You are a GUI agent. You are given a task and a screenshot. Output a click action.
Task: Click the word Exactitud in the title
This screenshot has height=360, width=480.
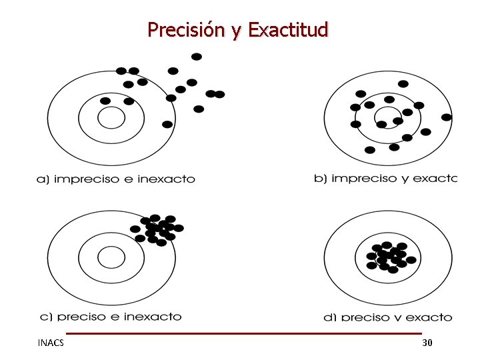point(288,30)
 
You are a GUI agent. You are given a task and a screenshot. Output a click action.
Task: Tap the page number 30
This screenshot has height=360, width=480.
point(427,343)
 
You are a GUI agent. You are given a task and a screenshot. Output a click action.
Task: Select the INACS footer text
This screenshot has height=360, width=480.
point(51,343)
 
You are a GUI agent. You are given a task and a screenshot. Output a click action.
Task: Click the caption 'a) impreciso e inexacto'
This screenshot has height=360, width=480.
point(115,179)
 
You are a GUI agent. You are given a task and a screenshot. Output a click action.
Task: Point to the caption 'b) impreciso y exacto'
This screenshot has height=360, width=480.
point(385,178)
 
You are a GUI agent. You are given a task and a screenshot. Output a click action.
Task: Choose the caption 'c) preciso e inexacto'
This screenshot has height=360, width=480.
point(109,317)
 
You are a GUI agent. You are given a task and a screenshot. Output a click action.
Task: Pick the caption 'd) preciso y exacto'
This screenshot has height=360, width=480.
point(388,317)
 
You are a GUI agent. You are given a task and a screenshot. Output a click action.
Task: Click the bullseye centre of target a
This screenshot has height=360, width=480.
point(111,118)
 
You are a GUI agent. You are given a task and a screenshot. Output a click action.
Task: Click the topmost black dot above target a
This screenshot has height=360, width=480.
point(197,57)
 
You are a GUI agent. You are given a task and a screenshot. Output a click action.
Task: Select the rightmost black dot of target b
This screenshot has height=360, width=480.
point(447,117)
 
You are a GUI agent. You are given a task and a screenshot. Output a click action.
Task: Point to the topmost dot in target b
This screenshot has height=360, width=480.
point(403,84)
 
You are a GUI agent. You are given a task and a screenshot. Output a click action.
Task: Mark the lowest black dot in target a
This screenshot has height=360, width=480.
point(167,124)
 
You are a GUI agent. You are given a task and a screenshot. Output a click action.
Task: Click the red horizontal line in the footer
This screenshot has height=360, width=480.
point(243,333)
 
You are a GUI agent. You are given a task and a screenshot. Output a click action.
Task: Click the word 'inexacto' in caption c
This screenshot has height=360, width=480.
point(155,317)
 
